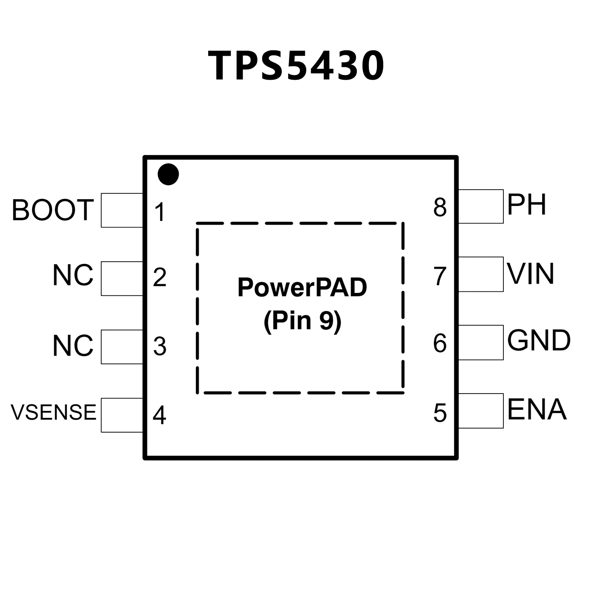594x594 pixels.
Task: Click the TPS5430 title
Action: (296, 66)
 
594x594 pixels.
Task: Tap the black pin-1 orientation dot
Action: (168, 175)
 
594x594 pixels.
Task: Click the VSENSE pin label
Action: (53, 412)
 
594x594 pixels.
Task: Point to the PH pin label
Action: (527, 205)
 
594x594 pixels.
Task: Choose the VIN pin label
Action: (531, 274)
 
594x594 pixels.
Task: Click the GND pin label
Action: (539, 341)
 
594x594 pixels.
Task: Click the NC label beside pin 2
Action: (73, 276)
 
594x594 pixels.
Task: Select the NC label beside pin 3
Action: (73, 346)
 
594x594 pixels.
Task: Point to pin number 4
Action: (159, 415)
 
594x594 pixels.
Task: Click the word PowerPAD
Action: (302, 288)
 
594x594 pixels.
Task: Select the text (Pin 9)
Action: (302, 321)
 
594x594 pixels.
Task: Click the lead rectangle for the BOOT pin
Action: (122, 210)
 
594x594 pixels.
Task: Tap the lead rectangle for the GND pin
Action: (481, 342)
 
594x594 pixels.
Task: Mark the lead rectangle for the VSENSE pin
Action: (122, 415)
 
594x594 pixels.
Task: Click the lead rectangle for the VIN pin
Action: (481, 274)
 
